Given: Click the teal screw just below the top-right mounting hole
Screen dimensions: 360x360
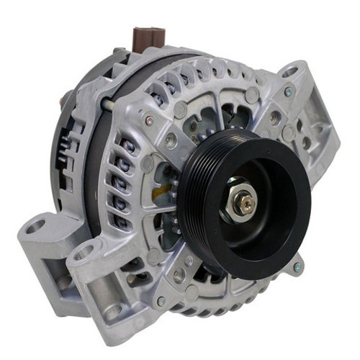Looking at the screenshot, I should [x=288, y=93].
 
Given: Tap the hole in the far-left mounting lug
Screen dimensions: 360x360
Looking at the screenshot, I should [x=32, y=228].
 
